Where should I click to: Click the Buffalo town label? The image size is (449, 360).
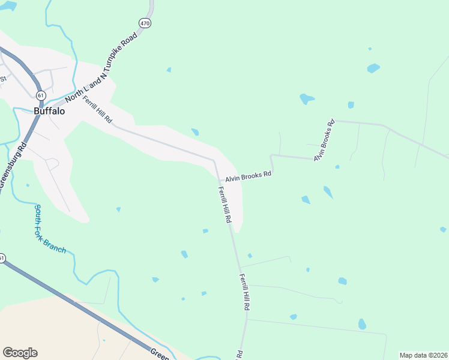click(49, 111)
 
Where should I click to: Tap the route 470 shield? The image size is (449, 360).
click(145, 23)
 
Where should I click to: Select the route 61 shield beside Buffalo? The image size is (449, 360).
click(40, 95)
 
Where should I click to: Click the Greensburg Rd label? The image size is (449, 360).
click(13, 166)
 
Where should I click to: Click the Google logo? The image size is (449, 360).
click(20, 353)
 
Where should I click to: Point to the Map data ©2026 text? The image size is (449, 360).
click(423, 355)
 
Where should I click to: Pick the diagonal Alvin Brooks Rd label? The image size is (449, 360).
click(323, 141)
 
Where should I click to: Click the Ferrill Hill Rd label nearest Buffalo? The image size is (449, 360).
click(98, 109)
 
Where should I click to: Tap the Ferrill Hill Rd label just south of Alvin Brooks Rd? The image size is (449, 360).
click(224, 205)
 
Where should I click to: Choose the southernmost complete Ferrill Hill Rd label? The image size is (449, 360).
click(244, 292)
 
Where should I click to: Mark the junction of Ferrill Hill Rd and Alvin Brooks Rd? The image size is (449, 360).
click(218, 181)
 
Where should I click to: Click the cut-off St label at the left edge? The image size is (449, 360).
click(3, 79)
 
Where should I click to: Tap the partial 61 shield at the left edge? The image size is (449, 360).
click(2, 258)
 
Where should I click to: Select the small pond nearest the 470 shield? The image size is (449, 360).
click(169, 70)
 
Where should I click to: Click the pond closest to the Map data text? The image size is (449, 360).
click(362, 324)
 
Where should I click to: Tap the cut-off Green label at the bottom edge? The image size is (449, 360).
click(159, 353)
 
